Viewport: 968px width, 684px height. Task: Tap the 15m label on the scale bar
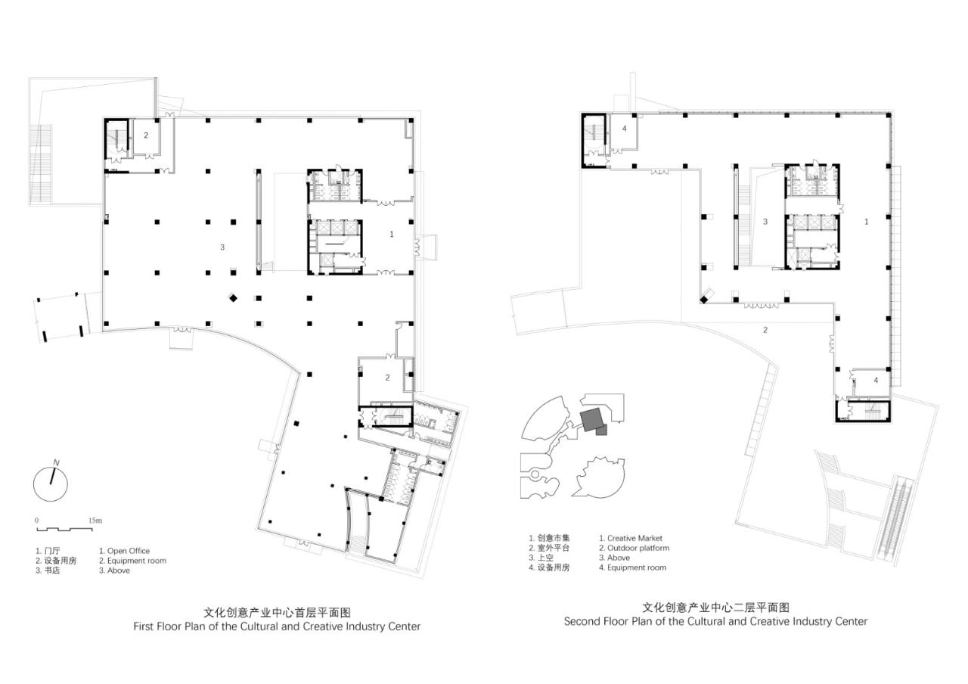[95, 521]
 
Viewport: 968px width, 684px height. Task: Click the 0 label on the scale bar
[36, 521]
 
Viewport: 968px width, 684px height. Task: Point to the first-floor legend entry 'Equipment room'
[137, 561]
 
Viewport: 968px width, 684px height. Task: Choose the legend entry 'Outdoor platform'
[638, 548]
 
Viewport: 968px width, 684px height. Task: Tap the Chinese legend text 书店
[52, 571]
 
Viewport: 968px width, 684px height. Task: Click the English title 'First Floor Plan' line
[277, 626]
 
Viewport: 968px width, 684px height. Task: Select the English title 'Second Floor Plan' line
[715, 621]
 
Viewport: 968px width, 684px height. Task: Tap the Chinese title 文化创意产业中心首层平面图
[278, 612]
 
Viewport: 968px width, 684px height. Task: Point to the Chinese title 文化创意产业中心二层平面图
[715, 607]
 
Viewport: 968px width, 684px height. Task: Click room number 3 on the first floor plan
[222, 247]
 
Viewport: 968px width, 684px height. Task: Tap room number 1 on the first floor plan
[392, 235]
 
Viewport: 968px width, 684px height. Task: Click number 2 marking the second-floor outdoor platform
[765, 330]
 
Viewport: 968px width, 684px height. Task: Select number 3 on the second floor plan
[765, 222]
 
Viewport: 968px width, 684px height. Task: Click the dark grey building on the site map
[591, 418]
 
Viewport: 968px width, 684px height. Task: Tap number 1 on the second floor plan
[867, 222]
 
